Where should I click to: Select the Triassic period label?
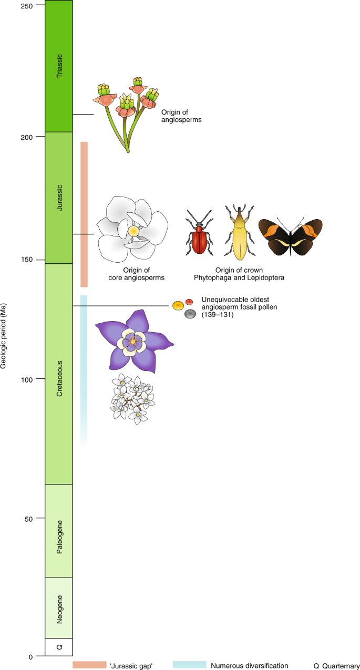(59, 66)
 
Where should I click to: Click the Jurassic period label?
(59, 197)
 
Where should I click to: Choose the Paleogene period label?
(59, 531)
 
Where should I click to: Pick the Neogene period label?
(59, 609)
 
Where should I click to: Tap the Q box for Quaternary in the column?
(59, 647)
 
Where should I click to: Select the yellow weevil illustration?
(238, 234)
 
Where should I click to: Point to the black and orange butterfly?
(290, 238)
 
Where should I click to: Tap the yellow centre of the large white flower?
(133, 231)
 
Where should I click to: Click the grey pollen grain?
(191, 314)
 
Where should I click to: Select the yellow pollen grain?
(178, 305)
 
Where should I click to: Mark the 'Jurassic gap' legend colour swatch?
(89, 665)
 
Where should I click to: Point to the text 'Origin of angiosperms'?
(181, 116)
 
